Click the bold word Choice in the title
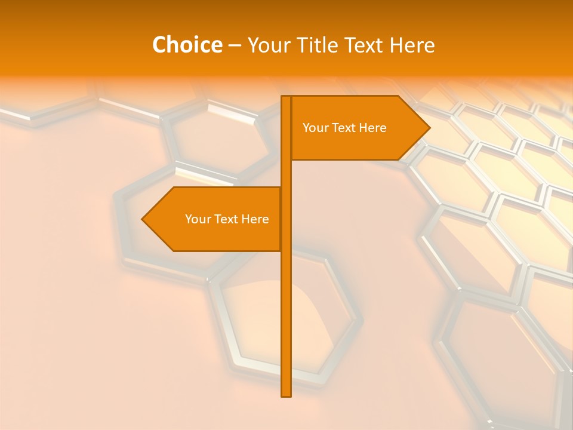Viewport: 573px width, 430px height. pos(187,45)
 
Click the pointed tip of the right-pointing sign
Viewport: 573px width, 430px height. pos(429,128)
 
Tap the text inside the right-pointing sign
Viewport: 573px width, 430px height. pos(344,128)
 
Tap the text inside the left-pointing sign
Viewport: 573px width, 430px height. pos(227,219)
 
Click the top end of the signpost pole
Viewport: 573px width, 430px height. pos(286,97)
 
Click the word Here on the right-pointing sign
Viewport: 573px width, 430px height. pos(373,128)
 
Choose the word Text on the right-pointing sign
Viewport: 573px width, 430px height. pos(344,128)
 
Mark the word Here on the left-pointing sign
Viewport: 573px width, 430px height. pos(255,219)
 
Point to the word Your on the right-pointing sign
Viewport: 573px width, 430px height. pos(315,128)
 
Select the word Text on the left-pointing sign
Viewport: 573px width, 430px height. pos(227,219)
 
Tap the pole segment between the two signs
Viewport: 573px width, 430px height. pos(286,173)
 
